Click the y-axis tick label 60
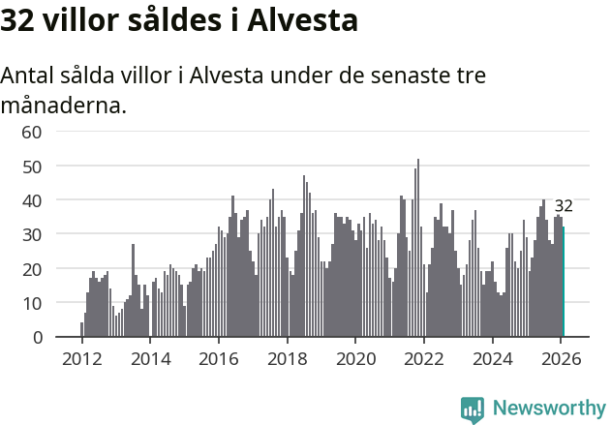click(x=32, y=132)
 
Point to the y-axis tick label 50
click(x=32, y=166)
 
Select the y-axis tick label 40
click(x=32, y=200)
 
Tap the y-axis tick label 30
click(x=32, y=234)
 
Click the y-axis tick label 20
click(x=32, y=268)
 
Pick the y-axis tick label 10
click(x=32, y=303)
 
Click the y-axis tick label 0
click(x=37, y=337)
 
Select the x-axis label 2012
click(x=81, y=357)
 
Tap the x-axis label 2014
click(x=150, y=357)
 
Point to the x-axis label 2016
click(x=218, y=357)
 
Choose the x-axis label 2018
click(x=287, y=357)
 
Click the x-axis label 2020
click(x=354, y=357)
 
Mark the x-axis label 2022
click(x=423, y=357)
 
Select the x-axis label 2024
click(x=492, y=357)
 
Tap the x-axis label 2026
click(x=560, y=357)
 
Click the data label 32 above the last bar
click(x=564, y=206)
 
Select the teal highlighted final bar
click(x=564, y=282)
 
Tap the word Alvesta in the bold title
click(x=303, y=20)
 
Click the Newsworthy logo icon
click(x=473, y=409)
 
